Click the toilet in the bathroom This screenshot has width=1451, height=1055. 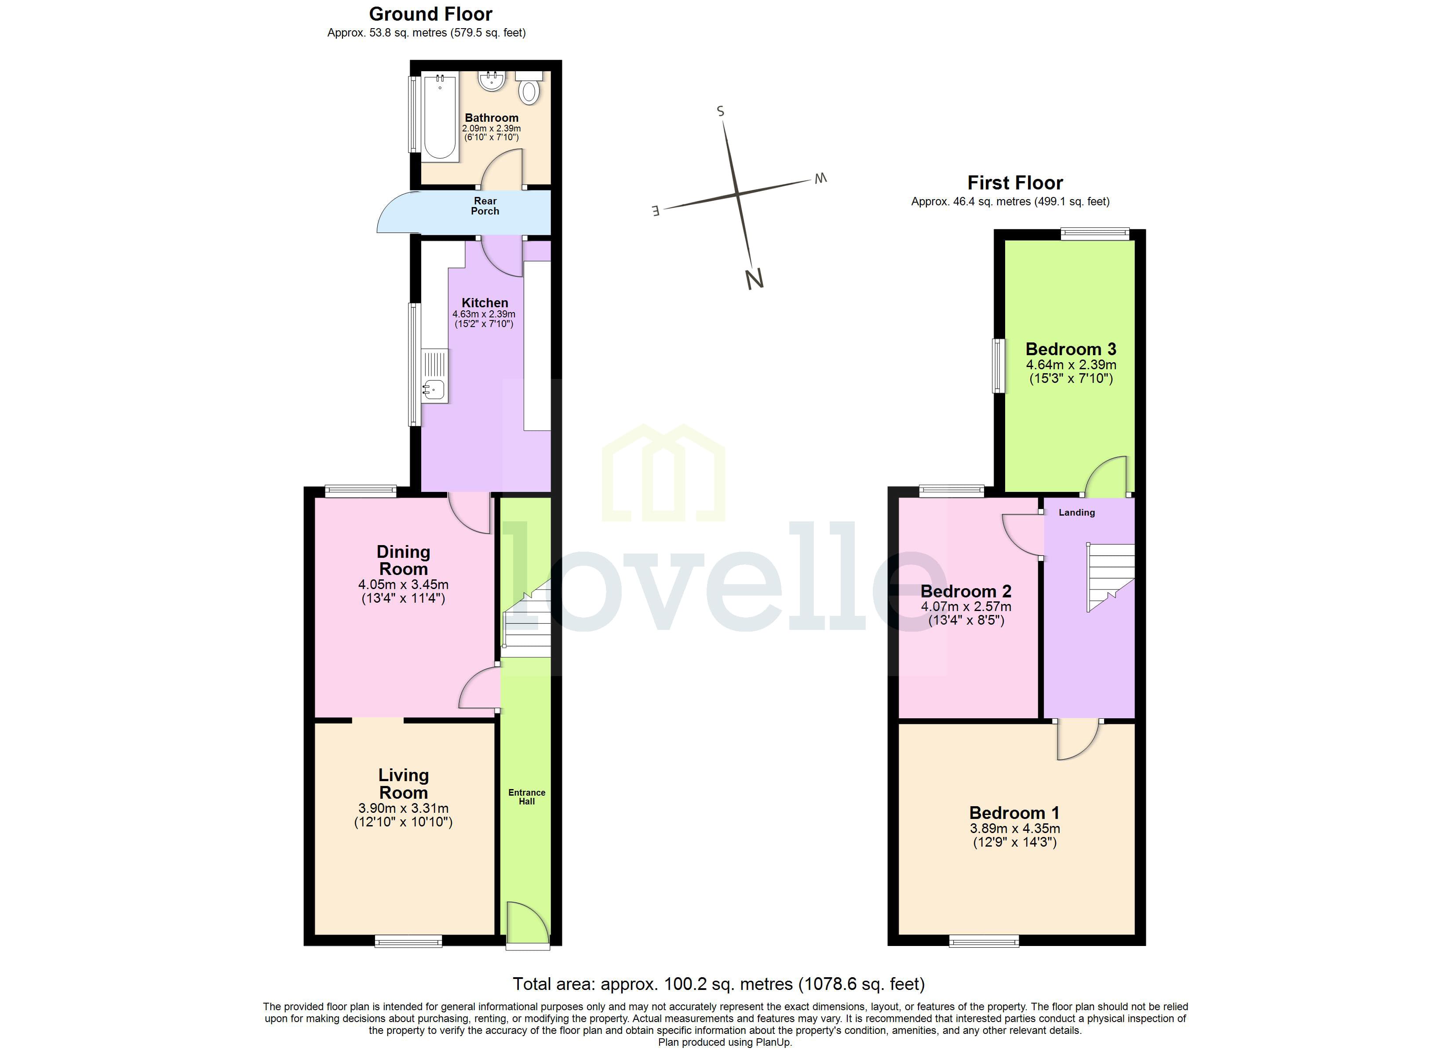[x=529, y=90]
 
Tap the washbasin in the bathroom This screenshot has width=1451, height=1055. [x=492, y=80]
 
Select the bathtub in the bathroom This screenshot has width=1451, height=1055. [x=440, y=117]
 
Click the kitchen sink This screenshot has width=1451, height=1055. [x=434, y=387]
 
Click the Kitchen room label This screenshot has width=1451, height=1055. [x=485, y=302]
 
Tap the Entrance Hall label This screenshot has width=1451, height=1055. [x=526, y=797]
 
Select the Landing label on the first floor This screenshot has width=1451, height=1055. [x=1077, y=513]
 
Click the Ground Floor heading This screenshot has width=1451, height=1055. [x=430, y=14]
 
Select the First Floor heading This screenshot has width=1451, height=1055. [x=1015, y=183]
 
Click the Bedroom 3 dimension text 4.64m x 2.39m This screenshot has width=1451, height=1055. [x=1071, y=365]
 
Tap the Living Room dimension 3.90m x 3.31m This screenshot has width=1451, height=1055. [x=403, y=808]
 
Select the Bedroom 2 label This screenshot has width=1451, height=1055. [x=966, y=591]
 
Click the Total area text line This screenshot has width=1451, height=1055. [x=718, y=983]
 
